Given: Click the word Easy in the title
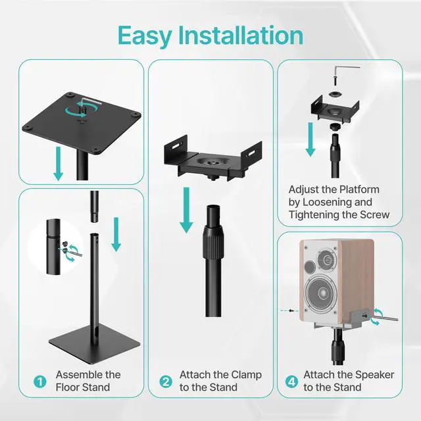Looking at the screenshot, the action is pos(145,36).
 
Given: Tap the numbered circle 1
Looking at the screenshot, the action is pos(40,382).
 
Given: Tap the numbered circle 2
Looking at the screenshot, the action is pos(166,382).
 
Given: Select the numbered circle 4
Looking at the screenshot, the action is pos(291,382).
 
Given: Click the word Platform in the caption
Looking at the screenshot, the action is pos(360,189).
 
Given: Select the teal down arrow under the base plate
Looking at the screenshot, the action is pos(59,164).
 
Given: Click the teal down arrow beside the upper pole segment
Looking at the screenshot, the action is pos(116,234).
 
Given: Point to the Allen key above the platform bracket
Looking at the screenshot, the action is pos(347,70).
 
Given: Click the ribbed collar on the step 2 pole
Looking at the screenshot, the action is pos(213,241).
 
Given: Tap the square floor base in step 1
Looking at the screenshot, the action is pos(95,343).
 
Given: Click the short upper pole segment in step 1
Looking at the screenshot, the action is pos(94,207).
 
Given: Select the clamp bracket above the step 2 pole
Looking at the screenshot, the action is pos(213,159).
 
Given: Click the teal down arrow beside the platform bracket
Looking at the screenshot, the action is pos(310,139).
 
